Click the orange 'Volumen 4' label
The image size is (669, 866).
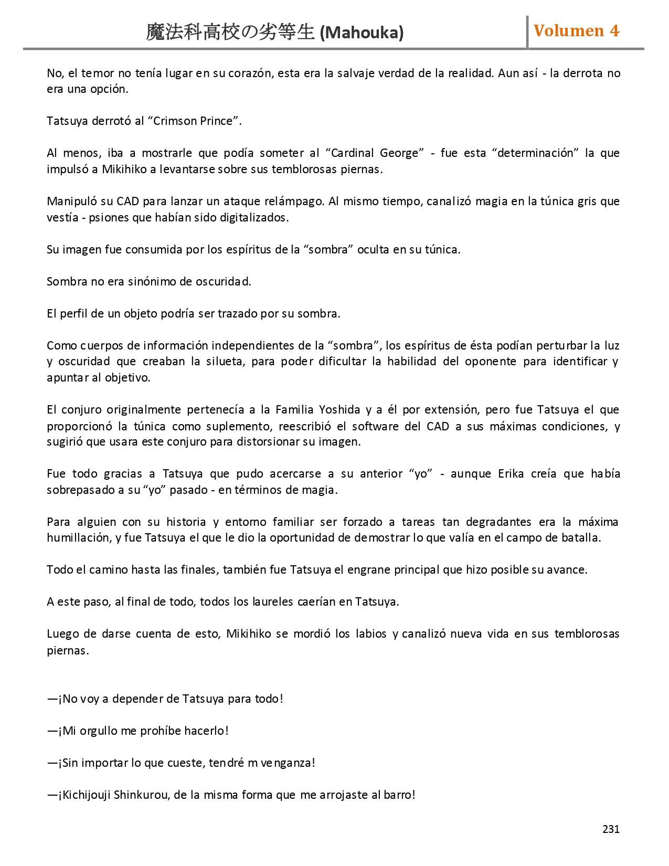[x=576, y=31]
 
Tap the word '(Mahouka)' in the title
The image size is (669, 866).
[x=362, y=33]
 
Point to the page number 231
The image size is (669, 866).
[x=611, y=829]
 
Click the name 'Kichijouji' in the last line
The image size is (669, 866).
[x=86, y=795]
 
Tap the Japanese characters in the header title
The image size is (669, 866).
[x=230, y=32]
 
